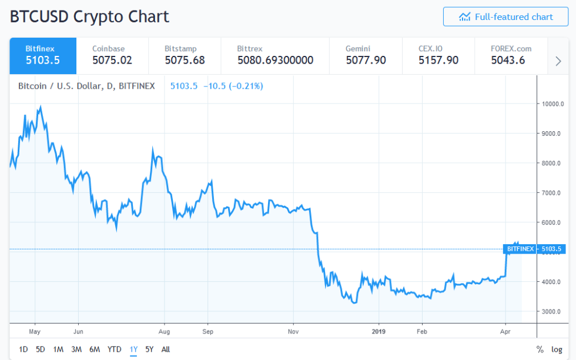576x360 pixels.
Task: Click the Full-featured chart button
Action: tap(505, 17)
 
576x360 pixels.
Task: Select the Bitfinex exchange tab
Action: tap(43, 55)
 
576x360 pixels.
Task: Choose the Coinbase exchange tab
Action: tap(112, 55)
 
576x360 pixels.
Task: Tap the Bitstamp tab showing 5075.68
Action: tap(185, 55)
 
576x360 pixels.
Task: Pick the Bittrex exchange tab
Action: tap(275, 55)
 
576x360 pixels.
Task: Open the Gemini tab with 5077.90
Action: tap(366, 55)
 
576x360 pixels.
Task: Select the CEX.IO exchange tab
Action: tap(438, 55)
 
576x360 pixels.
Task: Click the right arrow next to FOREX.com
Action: tap(558, 61)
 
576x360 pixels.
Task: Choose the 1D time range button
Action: tap(24, 349)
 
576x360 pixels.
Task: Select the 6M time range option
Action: tap(95, 349)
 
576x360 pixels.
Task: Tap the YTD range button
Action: tap(115, 349)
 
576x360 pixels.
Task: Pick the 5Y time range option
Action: tap(150, 349)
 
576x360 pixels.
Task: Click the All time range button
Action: tap(166, 349)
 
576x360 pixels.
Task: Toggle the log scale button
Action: tap(557, 349)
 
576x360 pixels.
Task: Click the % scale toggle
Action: tap(540, 349)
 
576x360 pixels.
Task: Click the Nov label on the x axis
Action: tap(293, 331)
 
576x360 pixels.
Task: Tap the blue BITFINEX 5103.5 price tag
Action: tap(533, 249)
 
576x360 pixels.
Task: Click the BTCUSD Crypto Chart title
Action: tap(89, 16)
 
